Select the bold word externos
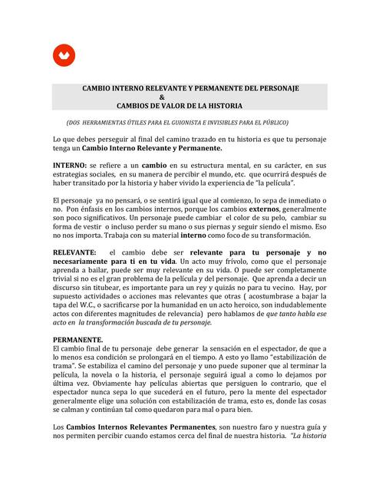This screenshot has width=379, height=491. pyautogui.click(x=271, y=209)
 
